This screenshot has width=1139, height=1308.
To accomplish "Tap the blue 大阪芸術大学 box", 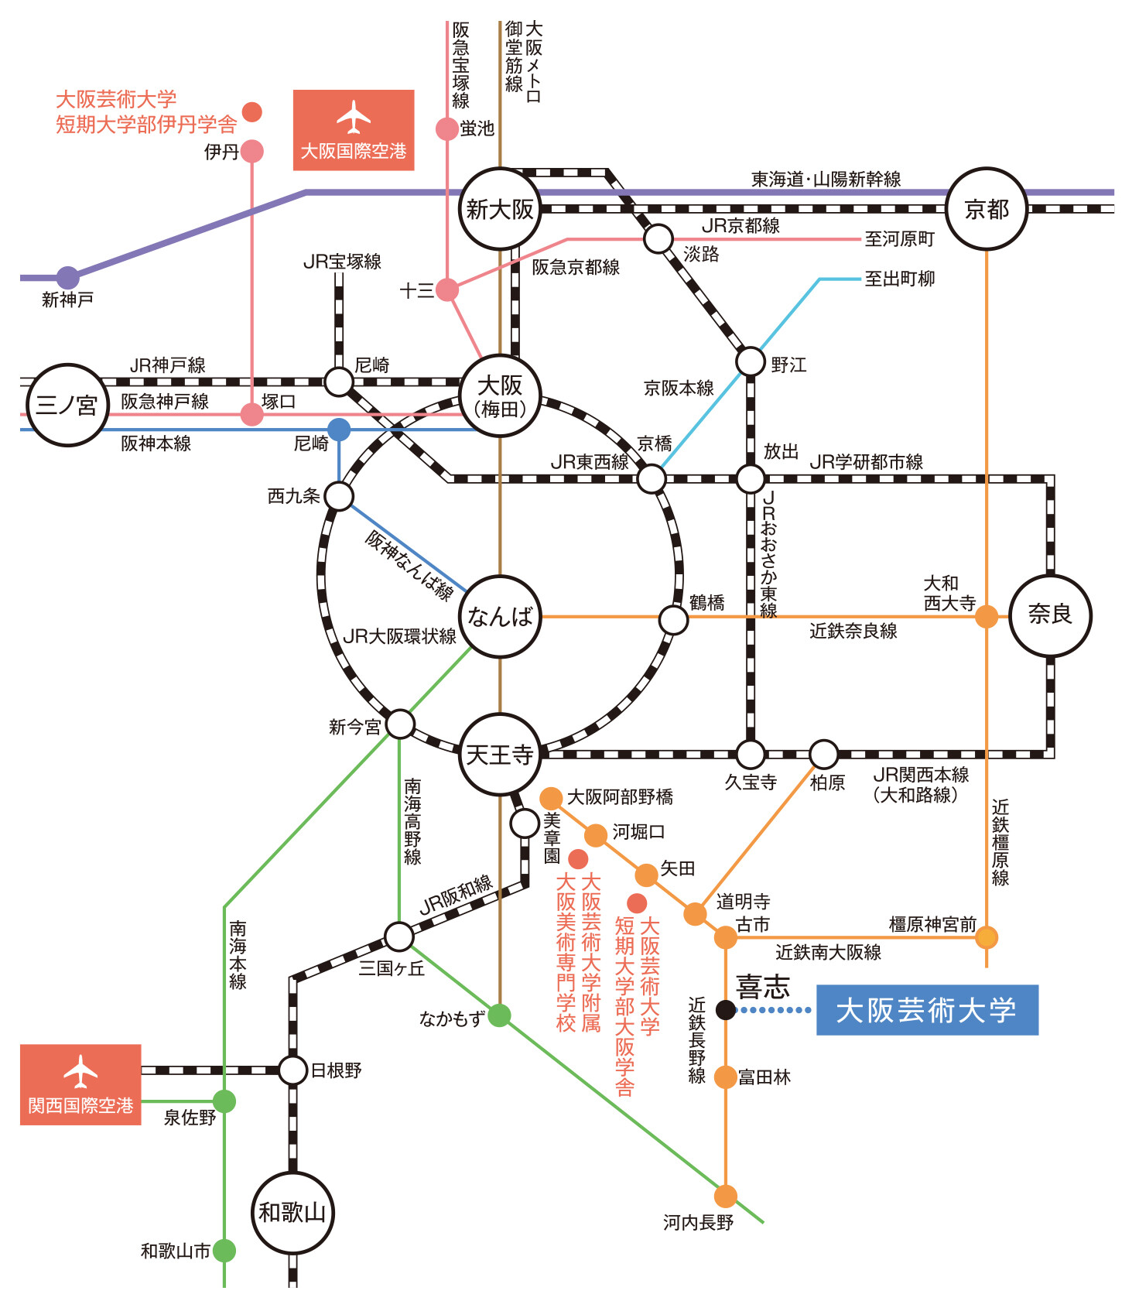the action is click(x=927, y=1010).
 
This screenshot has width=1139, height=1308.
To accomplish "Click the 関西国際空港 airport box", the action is click(x=80, y=1084).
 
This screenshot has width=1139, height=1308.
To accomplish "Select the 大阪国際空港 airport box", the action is click(x=354, y=130).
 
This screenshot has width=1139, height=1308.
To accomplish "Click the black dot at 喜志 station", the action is click(x=725, y=1010).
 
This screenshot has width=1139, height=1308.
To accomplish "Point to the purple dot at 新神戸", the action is click(x=68, y=277).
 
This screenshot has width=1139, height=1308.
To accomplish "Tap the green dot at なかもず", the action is click(x=499, y=1015).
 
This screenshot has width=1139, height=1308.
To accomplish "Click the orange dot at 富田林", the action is click(x=725, y=1077).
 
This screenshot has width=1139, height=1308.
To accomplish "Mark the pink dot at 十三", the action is click(x=447, y=290).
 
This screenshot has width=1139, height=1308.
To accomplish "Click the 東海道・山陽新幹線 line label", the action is click(x=826, y=180).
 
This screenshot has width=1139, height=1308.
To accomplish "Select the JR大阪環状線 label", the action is click(x=399, y=636).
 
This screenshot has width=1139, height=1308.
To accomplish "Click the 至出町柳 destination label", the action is click(x=899, y=279).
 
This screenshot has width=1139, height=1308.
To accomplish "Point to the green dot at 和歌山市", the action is click(x=224, y=1250).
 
